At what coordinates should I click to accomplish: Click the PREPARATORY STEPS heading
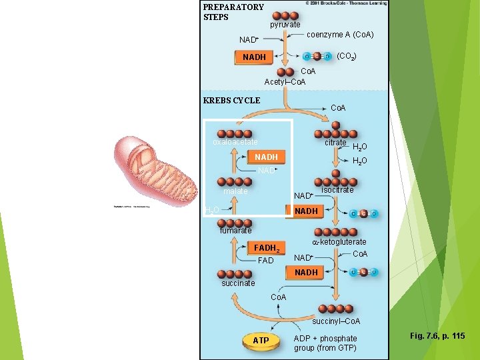(x=233, y=12)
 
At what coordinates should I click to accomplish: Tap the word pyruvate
(x=285, y=25)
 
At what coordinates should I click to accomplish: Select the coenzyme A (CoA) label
(x=340, y=35)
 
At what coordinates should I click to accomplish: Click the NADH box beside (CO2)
(x=254, y=57)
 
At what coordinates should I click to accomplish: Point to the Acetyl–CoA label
(x=285, y=82)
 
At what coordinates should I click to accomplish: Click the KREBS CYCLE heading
(x=231, y=101)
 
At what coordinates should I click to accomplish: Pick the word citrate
(x=335, y=143)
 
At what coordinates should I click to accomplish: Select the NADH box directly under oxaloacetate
(x=266, y=157)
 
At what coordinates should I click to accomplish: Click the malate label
(x=235, y=191)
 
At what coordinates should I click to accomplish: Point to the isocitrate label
(x=337, y=190)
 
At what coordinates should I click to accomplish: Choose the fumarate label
(x=236, y=231)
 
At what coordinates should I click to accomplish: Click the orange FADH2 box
(x=267, y=248)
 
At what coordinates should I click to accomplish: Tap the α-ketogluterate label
(x=339, y=242)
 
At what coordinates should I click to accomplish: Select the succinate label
(x=238, y=283)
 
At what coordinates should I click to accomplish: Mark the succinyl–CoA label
(x=336, y=321)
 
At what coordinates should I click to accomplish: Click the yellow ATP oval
(x=261, y=341)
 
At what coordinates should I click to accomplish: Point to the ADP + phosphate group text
(x=325, y=343)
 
